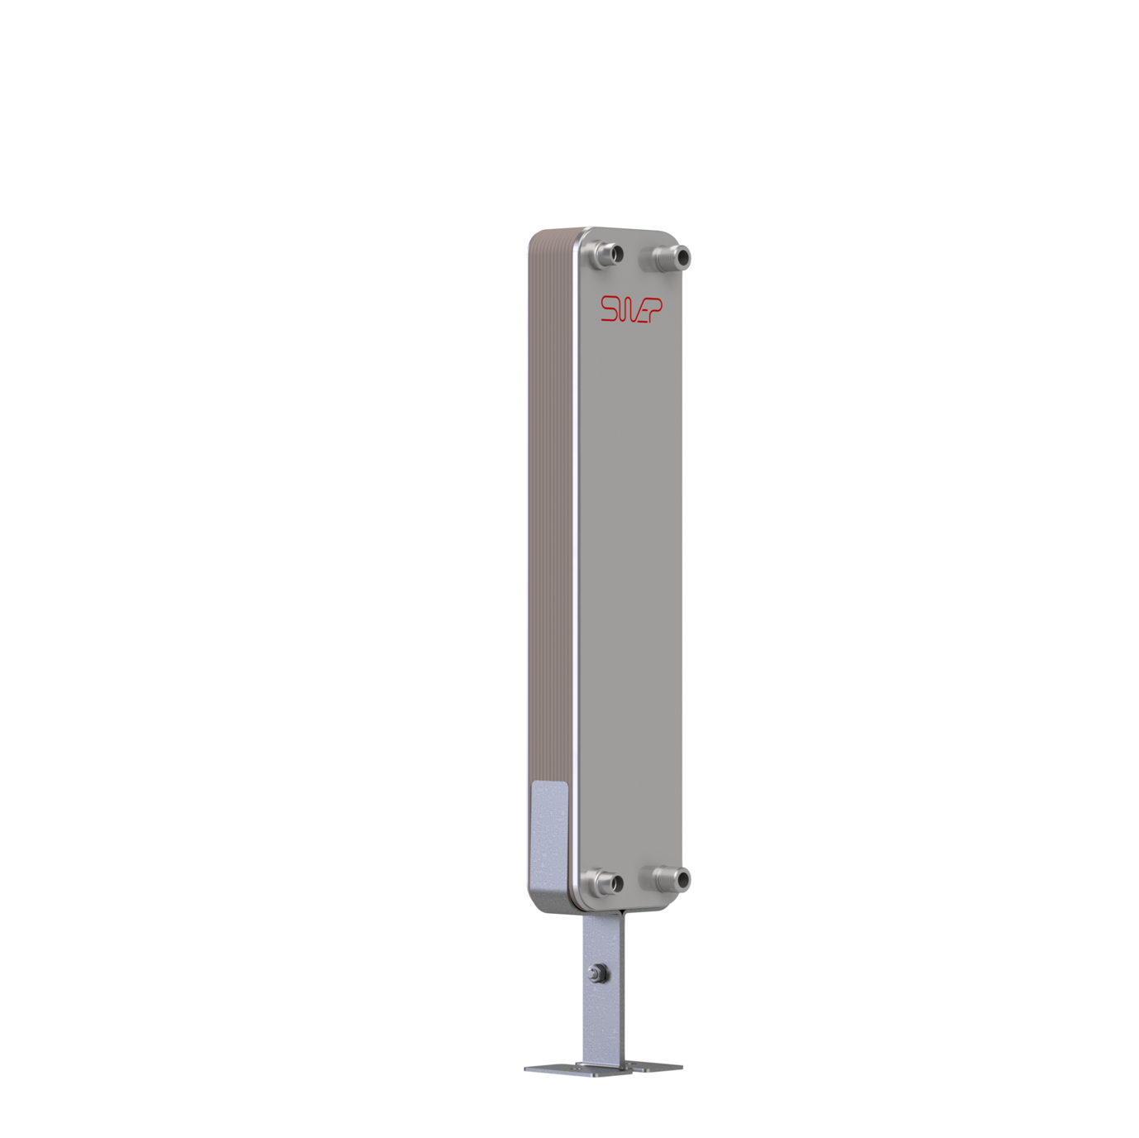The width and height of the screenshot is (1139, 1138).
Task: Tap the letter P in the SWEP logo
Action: point(654,309)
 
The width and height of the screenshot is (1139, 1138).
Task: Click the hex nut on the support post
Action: point(598,973)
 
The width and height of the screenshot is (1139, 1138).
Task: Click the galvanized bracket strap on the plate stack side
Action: point(548,835)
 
